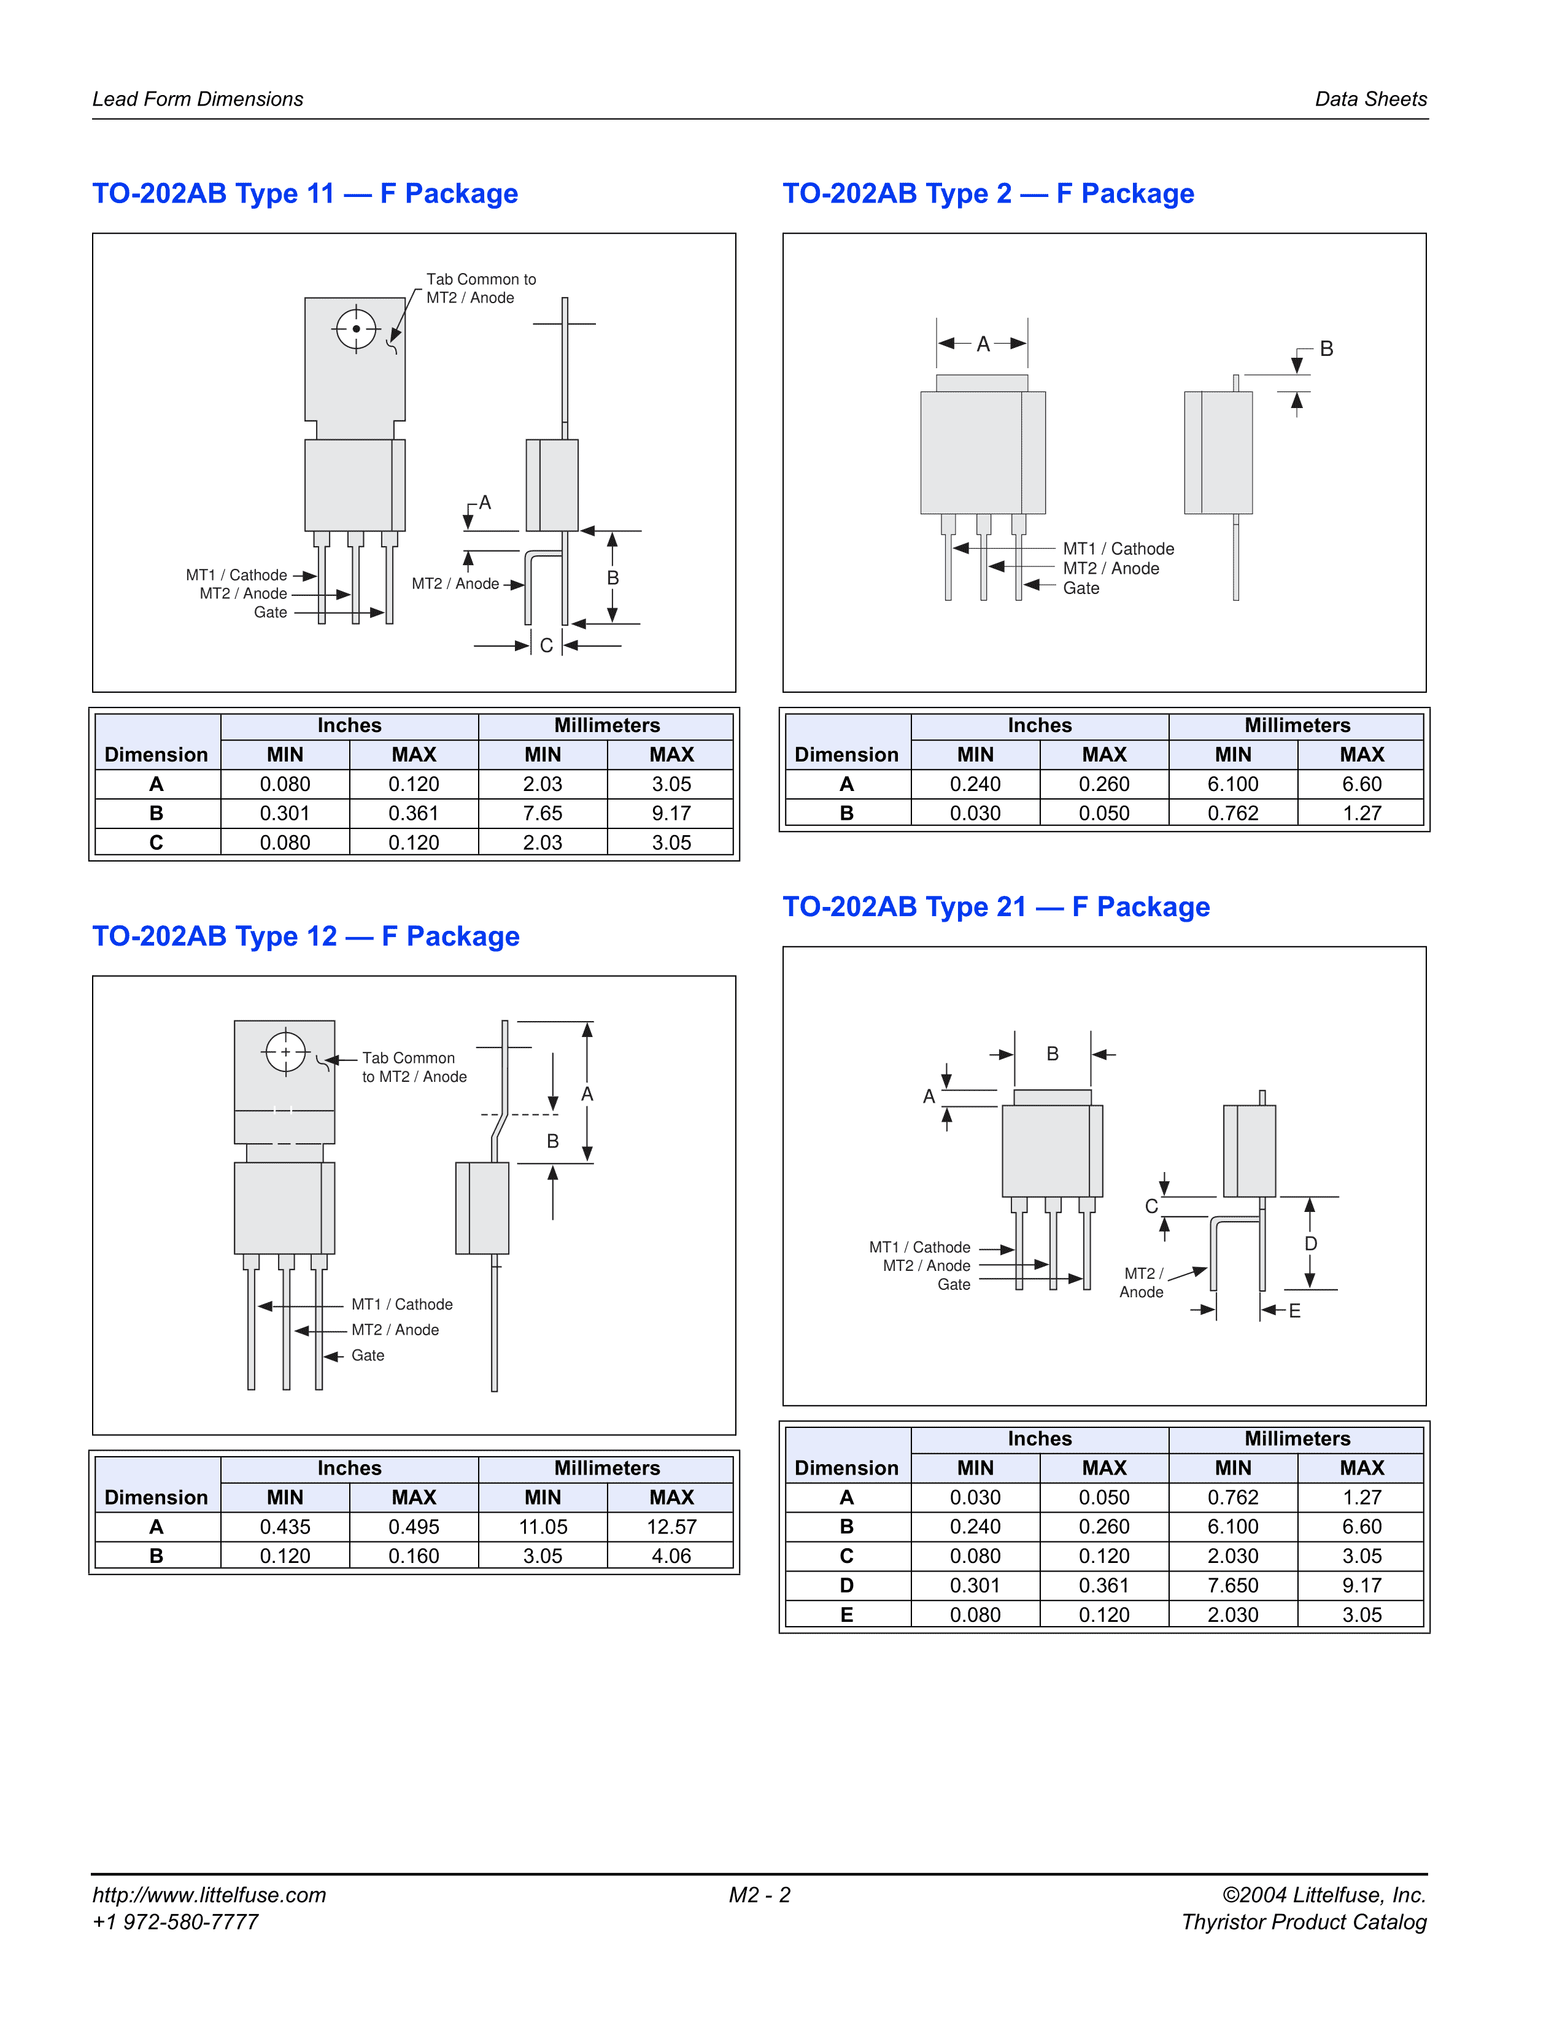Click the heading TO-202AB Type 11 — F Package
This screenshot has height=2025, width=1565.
pyautogui.click(x=305, y=194)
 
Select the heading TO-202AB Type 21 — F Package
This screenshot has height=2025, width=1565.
pyautogui.click(x=995, y=907)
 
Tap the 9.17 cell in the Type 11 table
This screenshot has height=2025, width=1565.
pyautogui.click(x=671, y=813)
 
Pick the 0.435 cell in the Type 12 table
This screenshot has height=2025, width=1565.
pyautogui.click(x=285, y=1526)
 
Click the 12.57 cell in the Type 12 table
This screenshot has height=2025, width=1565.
pyautogui.click(x=671, y=1526)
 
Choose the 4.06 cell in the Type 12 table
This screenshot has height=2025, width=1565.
pyautogui.click(x=671, y=1556)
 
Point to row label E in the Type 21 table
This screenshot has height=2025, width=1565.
pyautogui.click(x=846, y=1614)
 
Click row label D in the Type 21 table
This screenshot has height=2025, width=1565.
pyautogui.click(x=846, y=1586)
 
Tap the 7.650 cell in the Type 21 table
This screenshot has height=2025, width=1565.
pyautogui.click(x=1233, y=1586)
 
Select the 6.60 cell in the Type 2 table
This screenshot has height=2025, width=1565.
pyautogui.click(x=1362, y=784)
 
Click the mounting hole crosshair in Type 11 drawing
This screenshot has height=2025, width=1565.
pyautogui.click(x=356, y=329)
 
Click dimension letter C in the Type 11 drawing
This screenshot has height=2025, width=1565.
pyautogui.click(x=546, y=646)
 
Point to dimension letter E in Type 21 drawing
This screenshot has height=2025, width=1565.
pyautogui.click(x=1294, y=1311)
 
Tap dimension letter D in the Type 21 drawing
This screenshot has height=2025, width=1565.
pyautogui.click(x=1311, y=1243)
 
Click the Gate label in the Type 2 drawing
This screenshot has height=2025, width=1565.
pyautogui.click(x=1081, y=588)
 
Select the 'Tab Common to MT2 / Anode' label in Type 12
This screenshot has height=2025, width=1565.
pyautogui.click(x=414, y=1067)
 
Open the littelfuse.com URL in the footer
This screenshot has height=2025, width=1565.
pyautogui.click(x=209, y=1895)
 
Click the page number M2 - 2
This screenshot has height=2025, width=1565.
pyautogui.click(x=759, y=1895)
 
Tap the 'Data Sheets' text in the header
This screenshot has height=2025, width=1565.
pyautogui.click(x=1371, y=99)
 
